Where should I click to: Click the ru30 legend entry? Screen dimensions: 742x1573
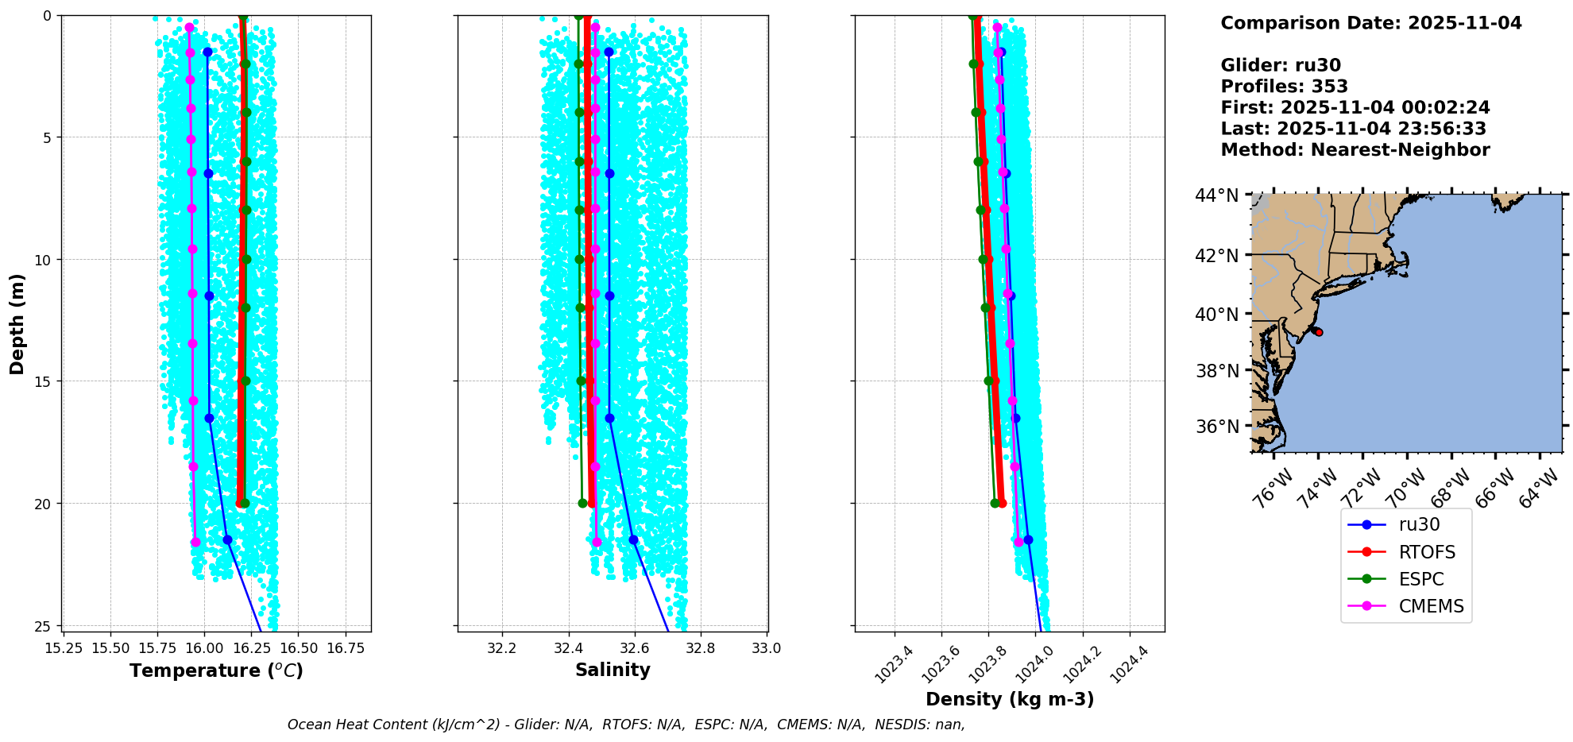(1419, 525)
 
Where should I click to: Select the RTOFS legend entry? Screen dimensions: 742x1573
(1427, 552)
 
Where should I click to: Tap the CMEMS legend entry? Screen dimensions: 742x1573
(1431, 606)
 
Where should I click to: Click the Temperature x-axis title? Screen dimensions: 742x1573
(216, 671)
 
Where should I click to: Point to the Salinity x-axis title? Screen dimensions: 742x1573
(613, 670)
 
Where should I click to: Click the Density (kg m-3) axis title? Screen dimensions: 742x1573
(1010, 699)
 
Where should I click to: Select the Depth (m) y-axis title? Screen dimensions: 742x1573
(17, 324)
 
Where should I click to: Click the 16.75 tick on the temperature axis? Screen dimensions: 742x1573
(346, 648)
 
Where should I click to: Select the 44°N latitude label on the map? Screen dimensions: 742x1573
(1216, 195)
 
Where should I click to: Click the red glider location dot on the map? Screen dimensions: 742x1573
(1319, 332)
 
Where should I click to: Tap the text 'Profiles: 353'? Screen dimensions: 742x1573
(1284, 87)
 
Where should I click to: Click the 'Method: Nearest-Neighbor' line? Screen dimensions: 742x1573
(1355, 150)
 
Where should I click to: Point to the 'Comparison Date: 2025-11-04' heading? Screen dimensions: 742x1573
(1370, 23)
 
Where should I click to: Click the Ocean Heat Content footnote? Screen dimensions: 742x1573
(626, 725)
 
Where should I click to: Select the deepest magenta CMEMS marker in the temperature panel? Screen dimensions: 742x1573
(195, 542)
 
